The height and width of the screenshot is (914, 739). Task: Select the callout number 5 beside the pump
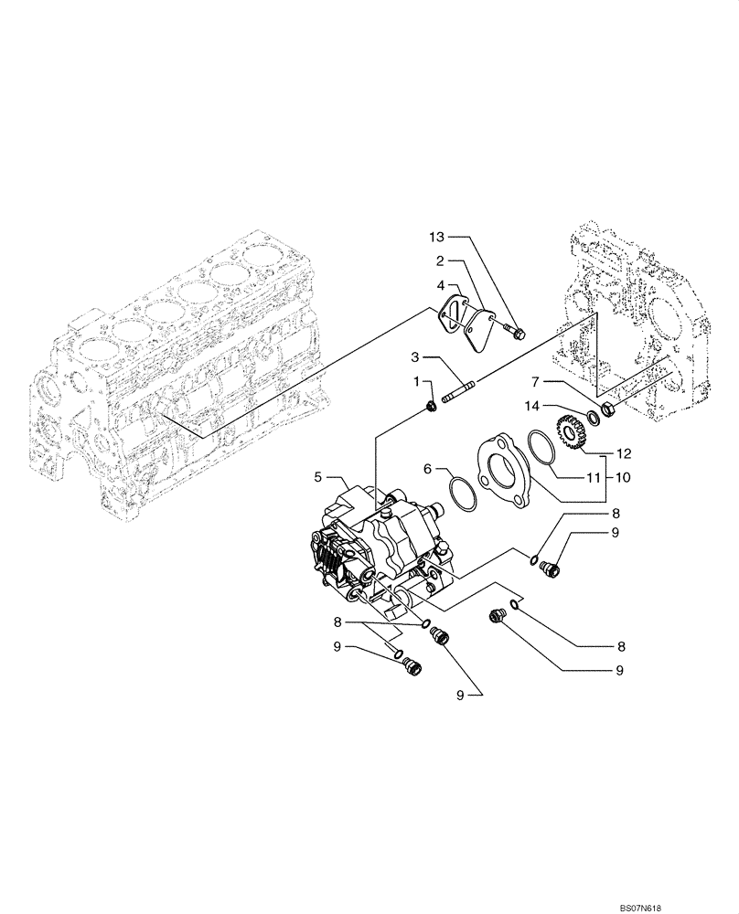[319, 476]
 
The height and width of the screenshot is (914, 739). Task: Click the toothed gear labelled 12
[569, 431]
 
